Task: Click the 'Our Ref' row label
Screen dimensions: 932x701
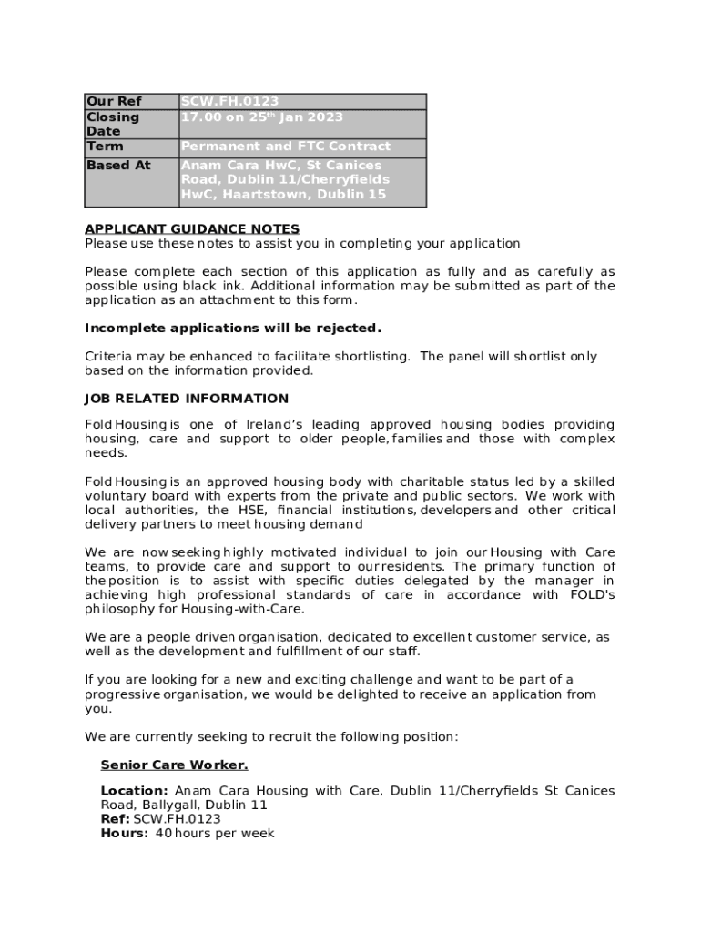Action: pos(114,102)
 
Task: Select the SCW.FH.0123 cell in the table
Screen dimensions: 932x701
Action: pos(229,102)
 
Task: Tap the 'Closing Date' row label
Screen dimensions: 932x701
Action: pos(113,124)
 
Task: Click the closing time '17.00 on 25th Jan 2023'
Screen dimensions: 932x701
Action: pos(262,117)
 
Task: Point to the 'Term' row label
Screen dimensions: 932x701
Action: pos(105,147)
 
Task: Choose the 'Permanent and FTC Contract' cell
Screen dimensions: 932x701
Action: pos(286,147)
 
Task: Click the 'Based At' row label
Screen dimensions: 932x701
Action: pos(118,166)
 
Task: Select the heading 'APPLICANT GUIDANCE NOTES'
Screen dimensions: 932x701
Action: pos(192,229)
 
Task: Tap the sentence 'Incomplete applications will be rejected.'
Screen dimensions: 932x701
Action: pos(233,328)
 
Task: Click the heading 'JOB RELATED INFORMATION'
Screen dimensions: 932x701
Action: pos(187,399)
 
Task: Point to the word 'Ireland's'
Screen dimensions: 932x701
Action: pos(271,425)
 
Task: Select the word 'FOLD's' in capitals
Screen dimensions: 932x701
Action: pos(592,595)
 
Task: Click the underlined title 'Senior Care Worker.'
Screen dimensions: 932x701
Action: pos(174,765)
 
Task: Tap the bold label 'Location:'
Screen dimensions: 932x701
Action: pos(134,791)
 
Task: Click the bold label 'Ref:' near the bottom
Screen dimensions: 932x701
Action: pos(115,819)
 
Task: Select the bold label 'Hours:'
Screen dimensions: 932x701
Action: pos(125,834)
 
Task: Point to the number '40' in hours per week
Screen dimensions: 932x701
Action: pos(164,834)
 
